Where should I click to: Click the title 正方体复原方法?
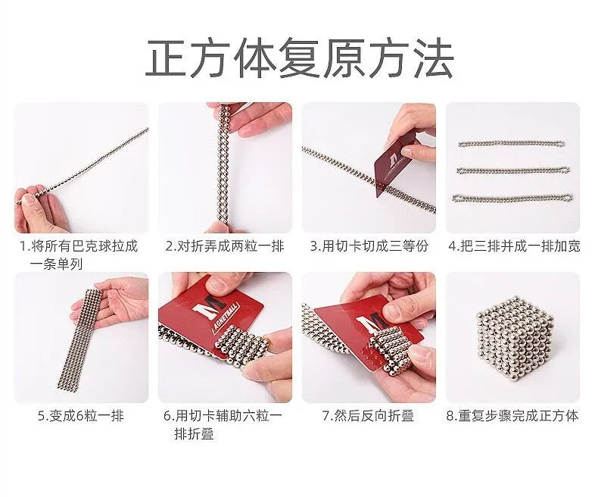click(300, 58)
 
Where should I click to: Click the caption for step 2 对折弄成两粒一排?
click(225, 246)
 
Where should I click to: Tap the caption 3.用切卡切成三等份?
click(369, 246)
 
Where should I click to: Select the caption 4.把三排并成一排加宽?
click(514, 246)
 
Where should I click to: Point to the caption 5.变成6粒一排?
click(81, 416)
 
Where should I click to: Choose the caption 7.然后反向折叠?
click(368, 416)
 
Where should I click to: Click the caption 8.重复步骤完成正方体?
click(512, 416)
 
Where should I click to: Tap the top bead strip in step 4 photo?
click(511, 143)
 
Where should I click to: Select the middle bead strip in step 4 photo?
click(513, 170)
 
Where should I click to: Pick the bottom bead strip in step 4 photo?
click(512, 198)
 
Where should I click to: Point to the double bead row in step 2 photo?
click(223, 162)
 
